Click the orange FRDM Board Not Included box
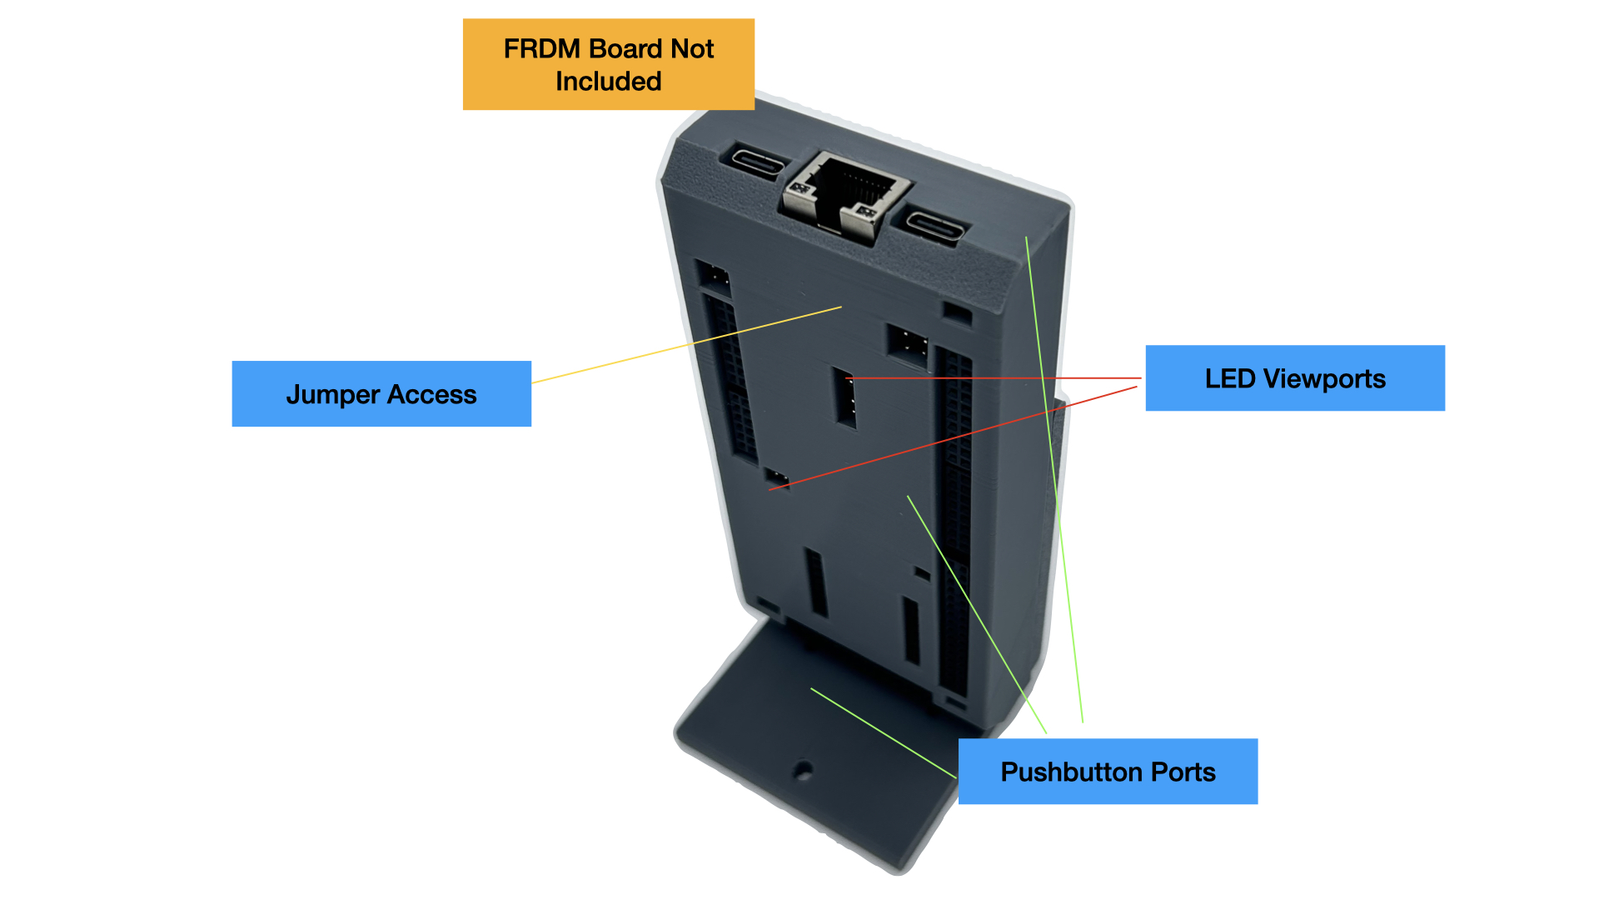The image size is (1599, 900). pyautogui.click(x=608, y=64)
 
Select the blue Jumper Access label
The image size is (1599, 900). pyautogui.click(x=381, y=393)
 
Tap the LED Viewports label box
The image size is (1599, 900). pyautogui.click(x=1295, y=378)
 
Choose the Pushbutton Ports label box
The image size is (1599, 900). pyautogui.click(x=1108, y=772)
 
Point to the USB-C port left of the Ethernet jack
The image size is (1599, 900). pyautogui.click(x=759, y=162)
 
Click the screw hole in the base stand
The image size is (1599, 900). pyautogui.click(x=803, y=771)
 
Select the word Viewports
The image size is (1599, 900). pyautogui.click(x=1324, y=379)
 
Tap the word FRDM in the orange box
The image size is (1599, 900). pyautogui.click(x=541, y=49)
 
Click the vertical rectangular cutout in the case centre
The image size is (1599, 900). pyautogui.click(x=845, y=397)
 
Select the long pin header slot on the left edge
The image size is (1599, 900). pyautogui.click(x=731, y=375)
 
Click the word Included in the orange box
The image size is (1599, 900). pyautogui.click(x=608, y=82)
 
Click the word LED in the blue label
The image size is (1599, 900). pyautogui.click(x=1230, y=379)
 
